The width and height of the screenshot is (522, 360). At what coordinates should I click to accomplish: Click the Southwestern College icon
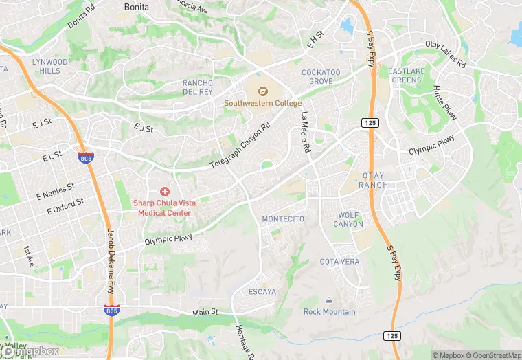tap(262, 91)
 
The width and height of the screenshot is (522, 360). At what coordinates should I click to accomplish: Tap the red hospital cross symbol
tap(165, 190)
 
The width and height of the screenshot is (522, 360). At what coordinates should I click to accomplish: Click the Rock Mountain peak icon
tap(329, 300)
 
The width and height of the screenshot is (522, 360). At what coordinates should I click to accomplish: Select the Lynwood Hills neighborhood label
tap(50, 66)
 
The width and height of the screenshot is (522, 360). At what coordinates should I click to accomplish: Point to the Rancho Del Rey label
tap(198, 87)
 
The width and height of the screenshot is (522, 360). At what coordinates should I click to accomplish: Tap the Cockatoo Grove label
tap(321, 76)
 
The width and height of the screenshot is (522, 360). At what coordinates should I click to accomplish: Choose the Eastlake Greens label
tap(406, 76)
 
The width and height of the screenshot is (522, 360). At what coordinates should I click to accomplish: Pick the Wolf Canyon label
tap(348, 220)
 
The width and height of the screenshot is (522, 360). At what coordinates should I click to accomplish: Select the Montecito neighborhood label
tap(283, 218)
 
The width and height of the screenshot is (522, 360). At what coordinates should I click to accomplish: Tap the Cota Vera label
tap(339, 262)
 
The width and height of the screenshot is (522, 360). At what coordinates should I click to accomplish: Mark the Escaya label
tap(262, 292)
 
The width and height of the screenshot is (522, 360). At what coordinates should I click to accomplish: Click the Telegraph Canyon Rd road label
tap(240, 146)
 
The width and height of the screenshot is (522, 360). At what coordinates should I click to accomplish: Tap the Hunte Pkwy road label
tap(445, 104)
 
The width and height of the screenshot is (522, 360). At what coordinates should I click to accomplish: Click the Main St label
tap(205, 312)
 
